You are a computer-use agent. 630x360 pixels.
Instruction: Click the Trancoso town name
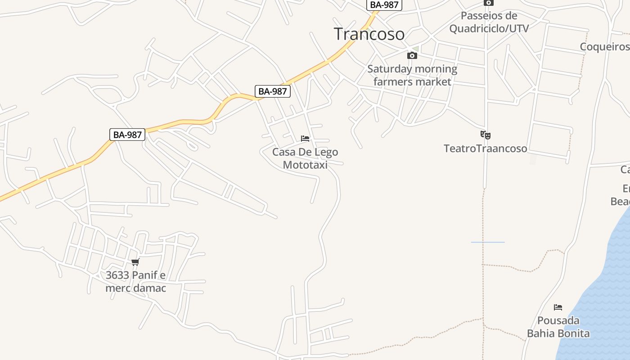pyautogui.click(x=369, y=34)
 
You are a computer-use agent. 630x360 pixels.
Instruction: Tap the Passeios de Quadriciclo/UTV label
pyautogui.click(x=489, y=22)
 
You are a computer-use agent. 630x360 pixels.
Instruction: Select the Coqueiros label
pyautogui.click(x=604, y=47)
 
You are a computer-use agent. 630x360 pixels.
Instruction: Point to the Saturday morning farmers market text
pyautogui.click(x=412, y=75)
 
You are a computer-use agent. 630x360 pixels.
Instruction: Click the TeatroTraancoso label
pyautogui.click(x=485, y=148)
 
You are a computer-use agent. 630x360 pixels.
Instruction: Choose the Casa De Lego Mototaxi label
pyautogui.click(x=305, y=158)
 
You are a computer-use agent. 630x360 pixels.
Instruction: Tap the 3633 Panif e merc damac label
pyautogui.click(x=135, y=281)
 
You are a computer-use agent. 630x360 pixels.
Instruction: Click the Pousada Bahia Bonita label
pyautogui.click(x=558, y=327)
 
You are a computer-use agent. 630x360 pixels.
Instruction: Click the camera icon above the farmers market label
pyautogui.click(x=412, y=56)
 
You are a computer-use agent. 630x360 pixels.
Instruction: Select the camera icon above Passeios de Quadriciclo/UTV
pyautogui.click(x=488, y=3)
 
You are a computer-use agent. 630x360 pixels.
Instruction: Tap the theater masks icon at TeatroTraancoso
pyautogui.click(x=485, y=135)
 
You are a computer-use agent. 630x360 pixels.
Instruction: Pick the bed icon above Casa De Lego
pyautogui.click(x=305, y=139)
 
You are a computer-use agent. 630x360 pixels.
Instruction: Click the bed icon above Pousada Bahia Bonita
pyautogui.click(x=558, y=307)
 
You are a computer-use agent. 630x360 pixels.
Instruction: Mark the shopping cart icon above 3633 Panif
pyautogui.click(x=135, y=262)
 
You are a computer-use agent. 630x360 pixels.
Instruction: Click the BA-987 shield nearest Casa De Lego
pyautogui.click(x=273, y=91)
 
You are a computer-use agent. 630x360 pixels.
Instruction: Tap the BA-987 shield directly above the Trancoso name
pyautogui.click(x=384, y=5)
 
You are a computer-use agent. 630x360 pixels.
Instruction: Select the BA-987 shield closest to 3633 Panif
pyautogui.click(x=127, y=135)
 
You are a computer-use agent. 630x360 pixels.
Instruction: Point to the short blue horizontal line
pyautogui.click(x=488, y=242)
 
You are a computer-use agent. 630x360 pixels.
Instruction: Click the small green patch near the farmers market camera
pyautogui.click(x=416, y=49)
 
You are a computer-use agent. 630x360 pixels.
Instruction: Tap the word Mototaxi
pyautogui.click(x=305, y=165)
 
